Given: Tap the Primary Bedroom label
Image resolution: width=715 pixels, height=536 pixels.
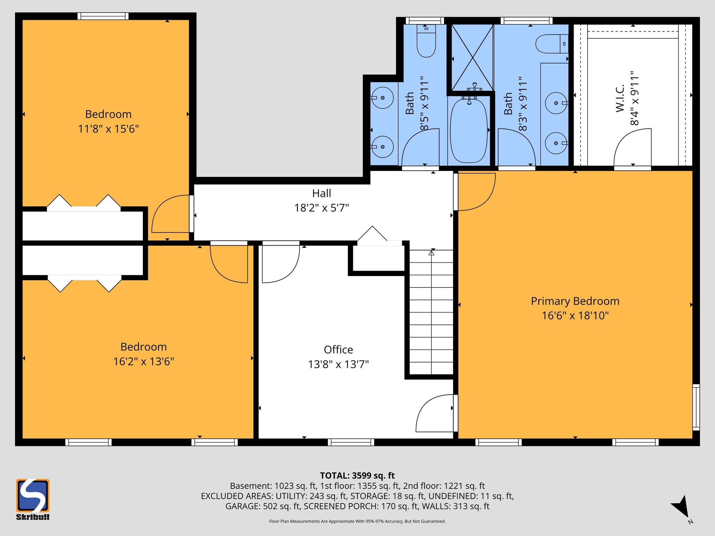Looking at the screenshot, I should click(575, 301).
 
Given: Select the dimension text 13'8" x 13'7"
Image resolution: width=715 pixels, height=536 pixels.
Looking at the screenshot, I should click(338, 365).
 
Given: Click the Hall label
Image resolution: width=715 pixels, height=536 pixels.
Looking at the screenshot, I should click(322, 193).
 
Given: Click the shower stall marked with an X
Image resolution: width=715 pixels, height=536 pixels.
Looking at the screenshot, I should click(472, 58).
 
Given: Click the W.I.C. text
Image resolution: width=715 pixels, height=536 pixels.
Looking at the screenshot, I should click(620, 98).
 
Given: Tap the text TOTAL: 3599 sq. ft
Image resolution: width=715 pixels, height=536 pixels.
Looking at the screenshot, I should click(357, 476).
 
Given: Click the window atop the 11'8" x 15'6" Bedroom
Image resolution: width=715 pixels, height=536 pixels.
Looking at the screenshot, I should click(103, 16).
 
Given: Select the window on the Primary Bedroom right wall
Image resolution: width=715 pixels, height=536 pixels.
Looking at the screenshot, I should click(696, 407).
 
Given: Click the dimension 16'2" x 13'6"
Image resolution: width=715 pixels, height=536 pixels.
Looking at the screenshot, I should click(143, 362).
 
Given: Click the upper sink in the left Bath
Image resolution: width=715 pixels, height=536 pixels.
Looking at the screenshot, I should click(382, 98).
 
